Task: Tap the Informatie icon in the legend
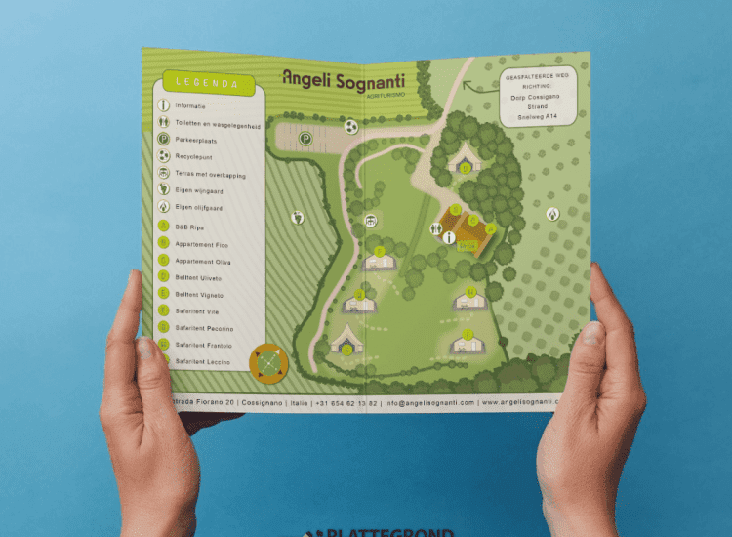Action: click(164, 105)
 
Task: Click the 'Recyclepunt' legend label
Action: click(196, 157)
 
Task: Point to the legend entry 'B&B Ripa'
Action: click(190, 226)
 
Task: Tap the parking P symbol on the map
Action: click(305, 140)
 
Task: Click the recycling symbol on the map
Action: click(351, 126)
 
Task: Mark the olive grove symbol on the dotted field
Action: click(553, 212)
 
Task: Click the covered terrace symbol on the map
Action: click(371, 221)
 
